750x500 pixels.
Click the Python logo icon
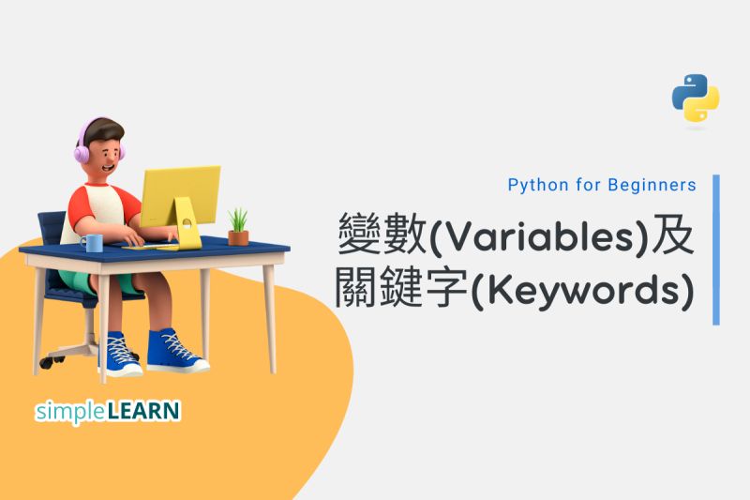(695, 98)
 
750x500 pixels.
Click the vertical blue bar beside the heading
(716, 250)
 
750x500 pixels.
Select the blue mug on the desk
(91, 243)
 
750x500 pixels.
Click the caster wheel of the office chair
(45, 359)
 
